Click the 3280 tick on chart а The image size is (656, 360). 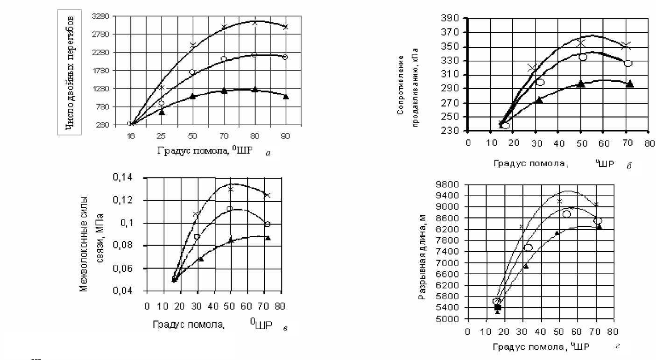click(102, 16)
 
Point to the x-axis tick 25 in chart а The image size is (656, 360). click(162, 136)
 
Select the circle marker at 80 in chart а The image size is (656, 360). click(254, 55)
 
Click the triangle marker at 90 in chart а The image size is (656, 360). click(286, 97)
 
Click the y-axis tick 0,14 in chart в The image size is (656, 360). click(123, 178)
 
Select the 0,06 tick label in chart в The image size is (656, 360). click(123, 268)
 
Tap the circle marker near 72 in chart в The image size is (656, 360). click(268, 224)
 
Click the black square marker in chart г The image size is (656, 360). click(498, 307)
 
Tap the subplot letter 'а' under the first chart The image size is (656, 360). click(268, 153)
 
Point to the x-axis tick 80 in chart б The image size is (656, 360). click(648, 143)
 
